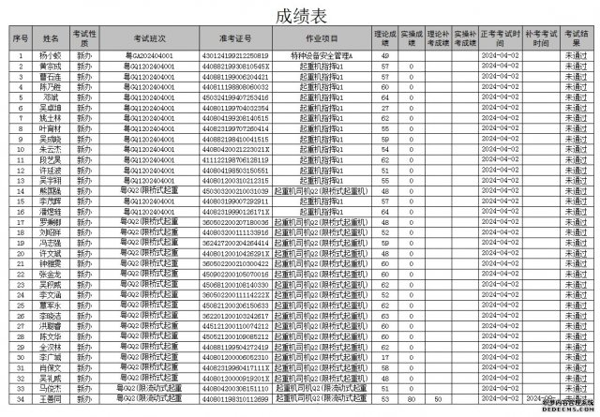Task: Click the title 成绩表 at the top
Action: tap(300, 15)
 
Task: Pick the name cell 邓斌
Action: tap(52, 96)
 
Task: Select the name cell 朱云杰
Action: tap(52, 149)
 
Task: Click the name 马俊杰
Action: tap(52, 388)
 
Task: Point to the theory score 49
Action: tap(385, 56)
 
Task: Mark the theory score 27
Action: tap(385, 110)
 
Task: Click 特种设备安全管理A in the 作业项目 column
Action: tap(322, 56)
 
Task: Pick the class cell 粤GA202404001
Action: tap(148, 56)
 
